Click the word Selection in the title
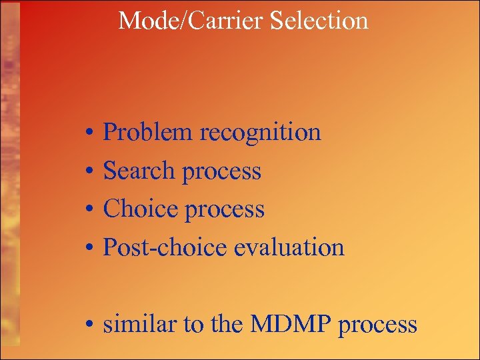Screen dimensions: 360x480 (319, 21)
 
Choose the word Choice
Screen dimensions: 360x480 (139, 209)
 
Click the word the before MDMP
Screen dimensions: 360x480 (227, 325)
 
